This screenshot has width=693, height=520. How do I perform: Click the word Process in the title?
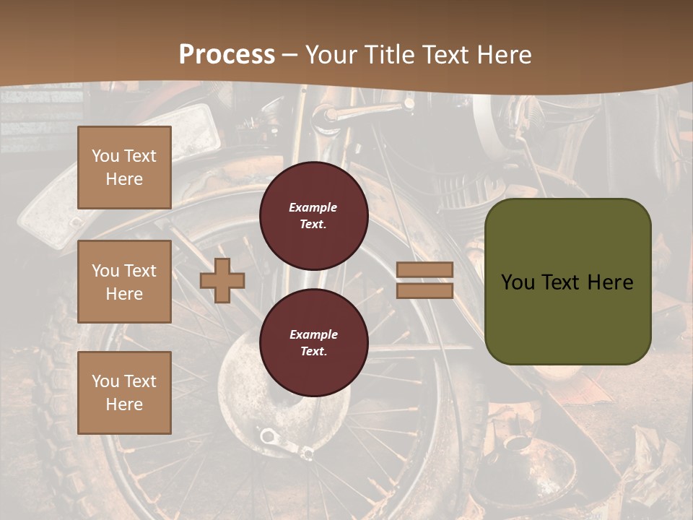227,55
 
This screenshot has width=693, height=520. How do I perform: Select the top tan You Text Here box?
124,168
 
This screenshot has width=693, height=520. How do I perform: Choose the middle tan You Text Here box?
124,282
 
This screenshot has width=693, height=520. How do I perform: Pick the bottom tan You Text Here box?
124,392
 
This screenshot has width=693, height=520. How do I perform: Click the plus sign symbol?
222,280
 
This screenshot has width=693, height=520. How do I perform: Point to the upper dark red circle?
313,216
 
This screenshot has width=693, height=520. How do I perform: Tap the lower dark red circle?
313,342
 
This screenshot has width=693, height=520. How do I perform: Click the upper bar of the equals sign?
424,269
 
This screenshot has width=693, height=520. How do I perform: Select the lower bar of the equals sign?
424,290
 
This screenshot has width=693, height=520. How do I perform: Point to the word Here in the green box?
610,282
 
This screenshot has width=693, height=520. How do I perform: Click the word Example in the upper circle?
313,207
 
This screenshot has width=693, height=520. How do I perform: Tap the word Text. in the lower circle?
313,352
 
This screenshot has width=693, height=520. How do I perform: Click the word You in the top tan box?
105,156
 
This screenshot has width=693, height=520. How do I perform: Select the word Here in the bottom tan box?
124,404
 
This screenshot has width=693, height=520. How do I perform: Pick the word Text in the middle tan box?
139,271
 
